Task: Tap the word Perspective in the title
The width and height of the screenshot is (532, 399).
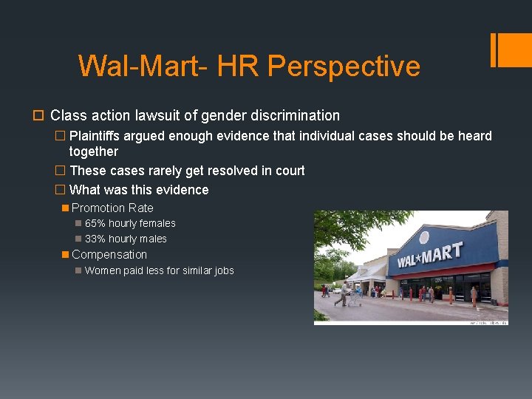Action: point(344,66)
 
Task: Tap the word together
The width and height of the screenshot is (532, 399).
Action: point(93,151)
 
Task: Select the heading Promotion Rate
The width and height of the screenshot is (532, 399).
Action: point(112,208)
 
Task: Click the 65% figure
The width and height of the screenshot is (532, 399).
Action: point(95,223)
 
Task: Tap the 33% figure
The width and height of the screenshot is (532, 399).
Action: point(95,239)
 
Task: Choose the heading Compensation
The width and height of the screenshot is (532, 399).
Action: point(109,254)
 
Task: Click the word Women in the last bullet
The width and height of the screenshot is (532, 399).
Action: point(102,270)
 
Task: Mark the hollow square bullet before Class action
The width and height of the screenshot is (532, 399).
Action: point(39,116)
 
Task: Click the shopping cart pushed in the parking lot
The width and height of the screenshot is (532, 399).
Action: point(354,298)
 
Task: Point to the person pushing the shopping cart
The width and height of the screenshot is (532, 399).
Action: point(344,293)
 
